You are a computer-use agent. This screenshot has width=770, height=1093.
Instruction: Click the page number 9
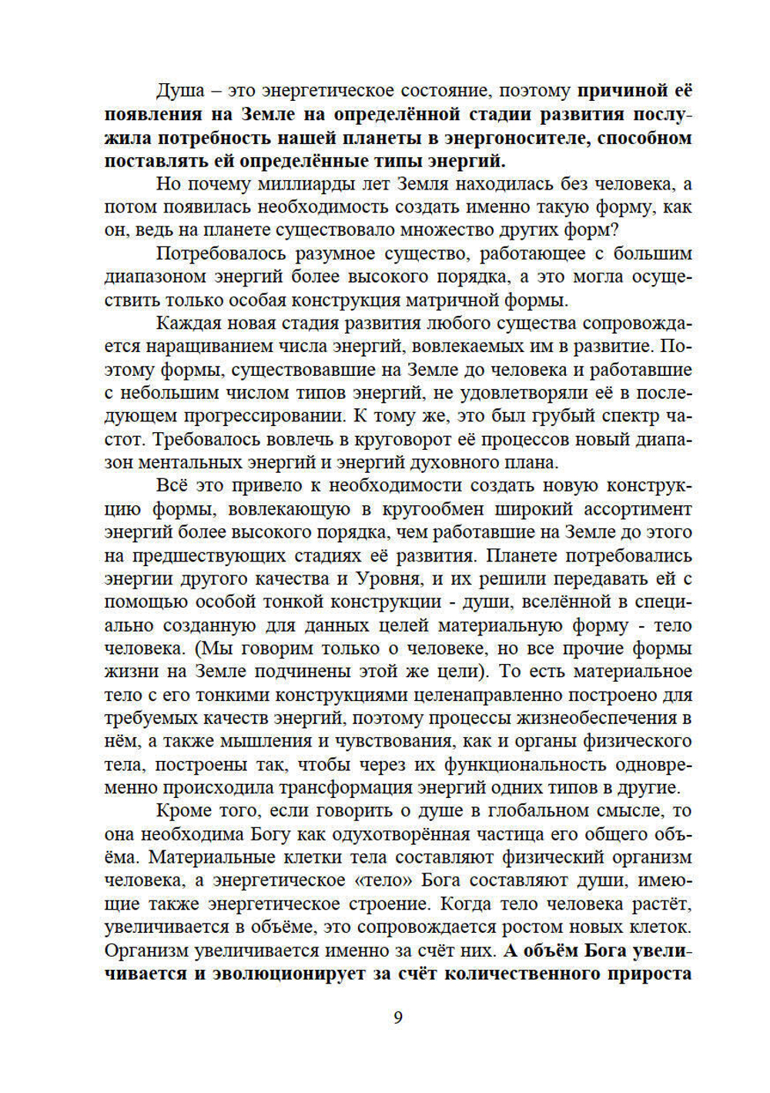[x=398, y=1018]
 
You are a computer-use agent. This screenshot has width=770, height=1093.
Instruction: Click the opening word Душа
[x=180, y=91]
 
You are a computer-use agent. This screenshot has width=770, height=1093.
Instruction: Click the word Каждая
[x=186, y=324]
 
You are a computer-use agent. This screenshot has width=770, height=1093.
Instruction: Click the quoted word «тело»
[x=380, y=880]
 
